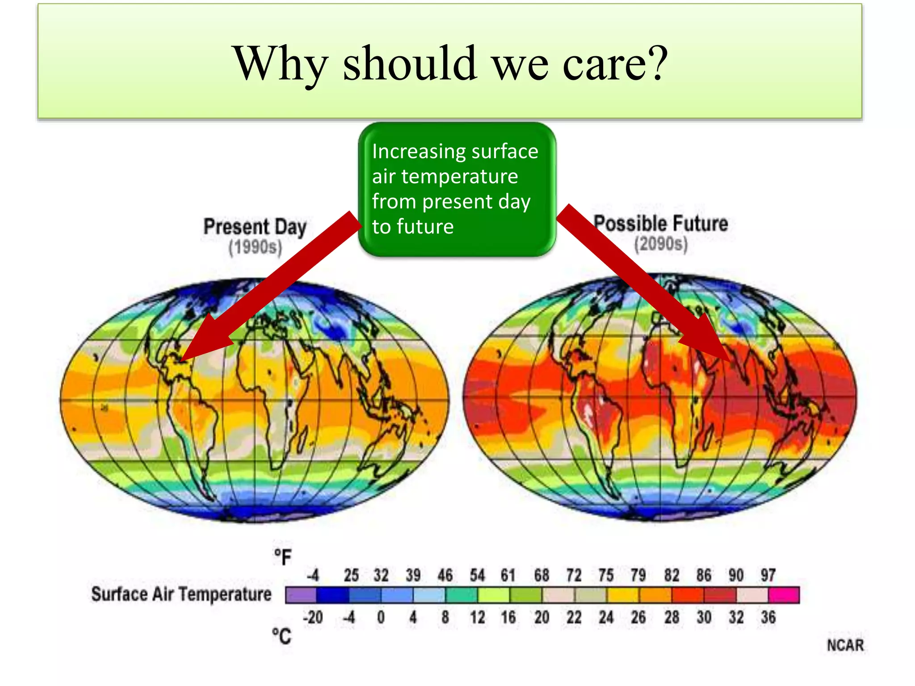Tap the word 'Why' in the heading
point(281,65)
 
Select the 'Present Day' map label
point(255,227)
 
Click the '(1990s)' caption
point(255,247)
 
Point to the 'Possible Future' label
point(660,223)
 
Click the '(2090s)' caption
point(660,244)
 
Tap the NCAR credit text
point(845,645)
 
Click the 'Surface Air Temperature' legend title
point(181,594)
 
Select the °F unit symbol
point(282,557)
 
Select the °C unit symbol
point(281,636)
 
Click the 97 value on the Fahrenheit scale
point(768,575)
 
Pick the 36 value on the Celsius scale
point(768,617)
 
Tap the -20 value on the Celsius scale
point(312,617)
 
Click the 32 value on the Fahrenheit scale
point(381,575)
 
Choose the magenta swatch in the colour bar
point(784,595)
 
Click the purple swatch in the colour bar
point(301,595)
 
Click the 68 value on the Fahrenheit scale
point(541,575)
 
